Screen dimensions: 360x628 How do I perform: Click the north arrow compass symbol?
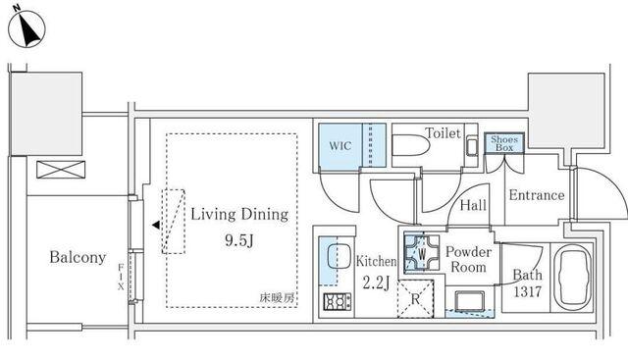(26, 30)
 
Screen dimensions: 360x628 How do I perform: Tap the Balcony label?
(78, 258)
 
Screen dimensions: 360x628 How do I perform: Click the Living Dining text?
(239, 213)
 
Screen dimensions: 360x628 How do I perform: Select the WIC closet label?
(340, 146)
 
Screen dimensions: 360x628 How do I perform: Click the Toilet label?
(443, 133)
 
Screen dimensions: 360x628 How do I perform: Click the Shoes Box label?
(506, 143)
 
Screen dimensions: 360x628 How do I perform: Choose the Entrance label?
(536, 195)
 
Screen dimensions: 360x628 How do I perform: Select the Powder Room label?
(467, 259)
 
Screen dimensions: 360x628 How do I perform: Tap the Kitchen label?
(375, 262)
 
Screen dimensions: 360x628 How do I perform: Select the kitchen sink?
(337, 258)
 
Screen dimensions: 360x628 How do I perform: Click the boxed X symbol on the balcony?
(56, 170)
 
